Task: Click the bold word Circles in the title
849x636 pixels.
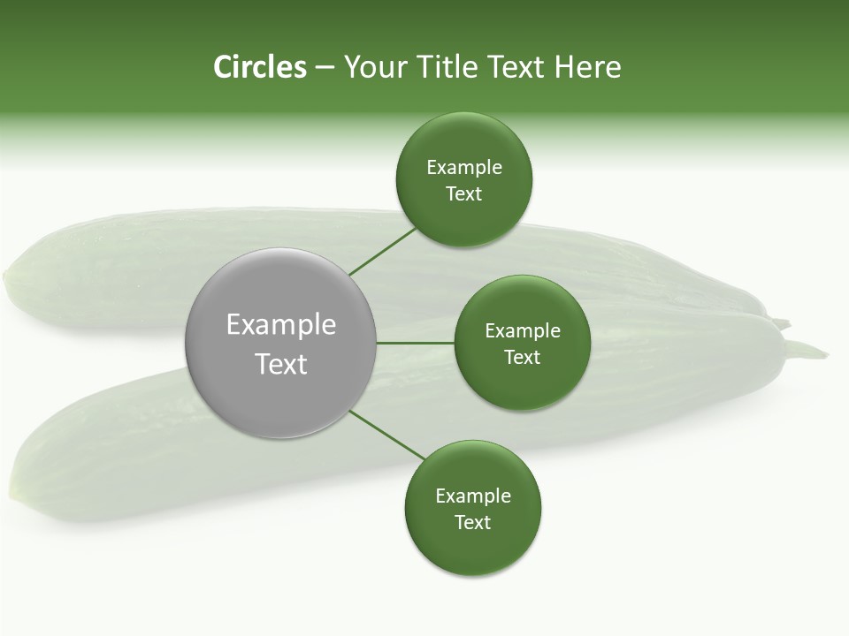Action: coord(259,67)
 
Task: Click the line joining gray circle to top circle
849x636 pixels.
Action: coord(382,252)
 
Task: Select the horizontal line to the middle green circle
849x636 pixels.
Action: coord(415,343)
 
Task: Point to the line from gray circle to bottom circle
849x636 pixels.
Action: coord(387,435)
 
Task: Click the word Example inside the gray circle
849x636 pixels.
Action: coord(281,325)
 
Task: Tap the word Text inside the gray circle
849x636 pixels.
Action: coord(281,364)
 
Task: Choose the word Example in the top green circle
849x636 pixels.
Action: coord(464,167)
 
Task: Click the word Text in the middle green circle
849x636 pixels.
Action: coord(522,357)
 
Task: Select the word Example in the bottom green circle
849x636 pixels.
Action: coord(473,496)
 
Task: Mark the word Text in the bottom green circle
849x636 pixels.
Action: coord(472,522)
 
